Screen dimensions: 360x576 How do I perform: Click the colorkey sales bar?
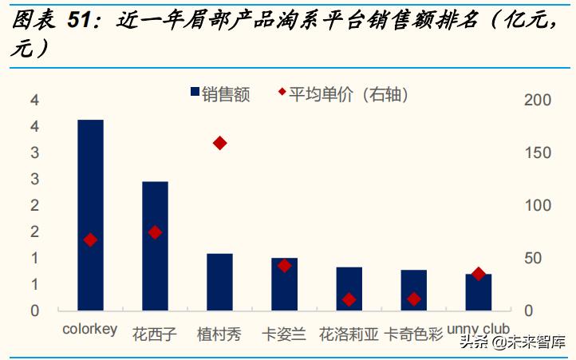[90, 215]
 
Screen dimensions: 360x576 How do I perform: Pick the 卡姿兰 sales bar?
[284, 284]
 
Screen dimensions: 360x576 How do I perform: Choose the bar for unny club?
[478, 292]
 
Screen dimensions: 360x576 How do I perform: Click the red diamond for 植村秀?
[219, 143]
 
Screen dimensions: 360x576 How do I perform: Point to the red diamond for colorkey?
[90, 239]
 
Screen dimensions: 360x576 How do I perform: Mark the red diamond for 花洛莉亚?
[349, 300]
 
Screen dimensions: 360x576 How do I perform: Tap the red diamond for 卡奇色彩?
[413, 299]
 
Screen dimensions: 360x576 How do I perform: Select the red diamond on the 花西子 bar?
[155, 232]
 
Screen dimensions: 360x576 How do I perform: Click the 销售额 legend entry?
[220, 94]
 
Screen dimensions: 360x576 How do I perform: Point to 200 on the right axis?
[536, 100]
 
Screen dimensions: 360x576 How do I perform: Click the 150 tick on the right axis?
[536, 152]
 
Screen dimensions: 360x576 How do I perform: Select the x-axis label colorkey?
[89, 329]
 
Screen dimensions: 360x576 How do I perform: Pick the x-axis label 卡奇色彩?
[413, 333]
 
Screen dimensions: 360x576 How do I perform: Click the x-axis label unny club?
[478, 328]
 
